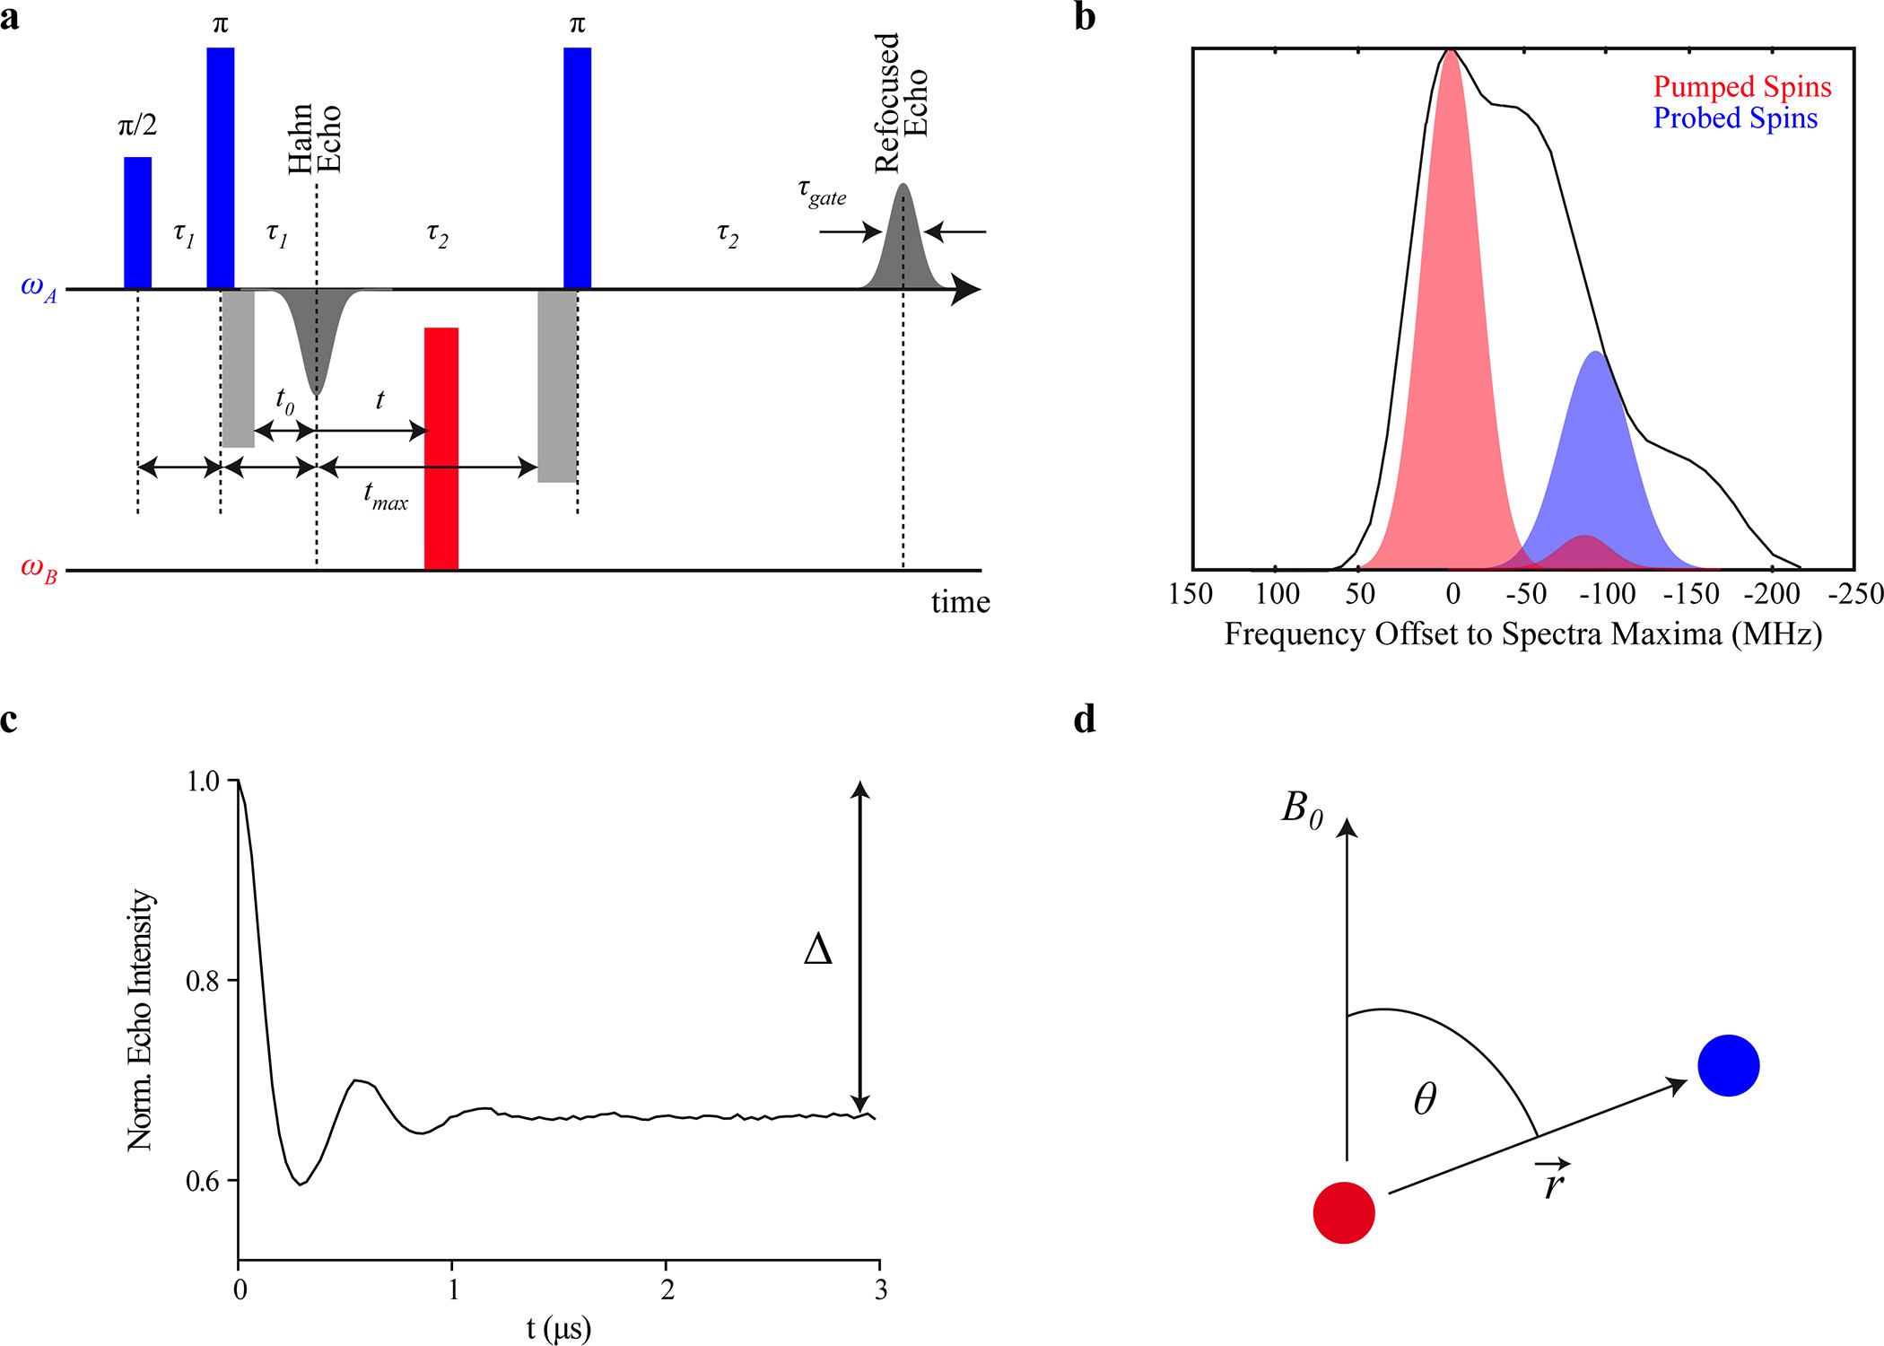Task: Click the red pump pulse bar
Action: point(441,449)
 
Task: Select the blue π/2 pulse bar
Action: point(137,223)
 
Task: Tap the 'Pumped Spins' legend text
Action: point(1741,87)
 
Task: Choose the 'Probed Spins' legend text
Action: point(1734,118)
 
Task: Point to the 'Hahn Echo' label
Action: point(314,138)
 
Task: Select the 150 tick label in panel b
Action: point(1191,594)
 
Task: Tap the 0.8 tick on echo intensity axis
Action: point(203,981)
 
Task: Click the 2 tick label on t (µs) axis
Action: point(667,1290)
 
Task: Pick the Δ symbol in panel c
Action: point(817,948)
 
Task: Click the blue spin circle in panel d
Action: point(1728,1065)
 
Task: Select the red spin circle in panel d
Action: point(1344,1213)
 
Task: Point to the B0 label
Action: point(1302,808)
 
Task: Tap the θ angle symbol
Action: point(1425,1098)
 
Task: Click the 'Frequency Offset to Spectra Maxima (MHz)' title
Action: point(1522,634)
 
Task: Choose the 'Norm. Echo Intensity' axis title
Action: point(141,1020)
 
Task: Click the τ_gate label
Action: point(821,193)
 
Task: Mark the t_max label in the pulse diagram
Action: point(385,495)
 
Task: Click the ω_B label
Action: point(39,569)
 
